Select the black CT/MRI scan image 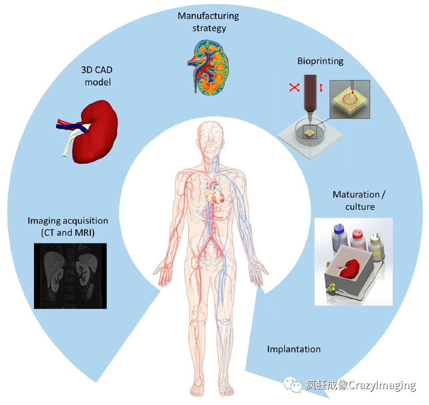click(70, 276)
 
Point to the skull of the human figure click(212, 136)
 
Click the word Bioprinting click(320, 61)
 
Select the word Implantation click(294, 349)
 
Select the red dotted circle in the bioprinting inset click(350, 99)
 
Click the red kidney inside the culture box click(348, 269)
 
